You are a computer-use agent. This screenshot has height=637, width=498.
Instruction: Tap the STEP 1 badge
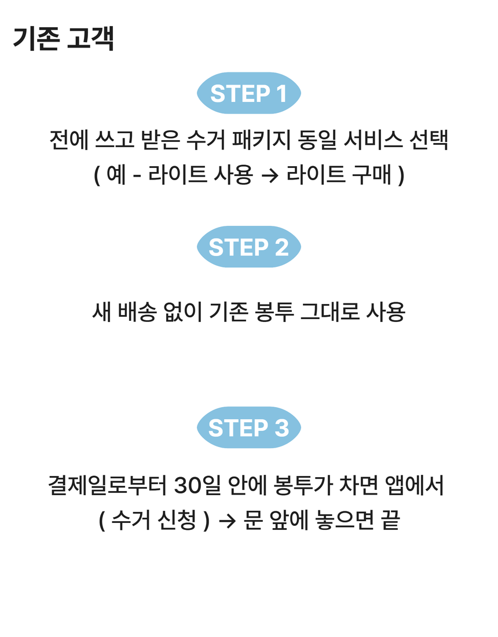click(248, 93)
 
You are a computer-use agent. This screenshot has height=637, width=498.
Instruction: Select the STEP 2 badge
click(248, 247)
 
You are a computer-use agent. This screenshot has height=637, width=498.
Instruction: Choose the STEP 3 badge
click(248, 428)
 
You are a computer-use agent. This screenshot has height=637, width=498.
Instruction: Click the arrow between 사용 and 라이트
click(270, 175)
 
